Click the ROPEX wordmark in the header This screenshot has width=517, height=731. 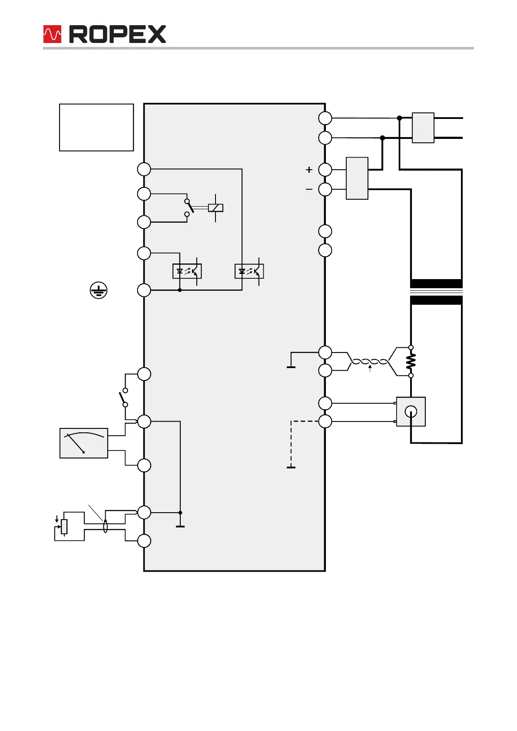(117, 34)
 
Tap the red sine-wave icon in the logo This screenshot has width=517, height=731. (52, 34)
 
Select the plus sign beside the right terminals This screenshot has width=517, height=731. (309, 170)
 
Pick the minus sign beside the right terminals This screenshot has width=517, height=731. (309, 189)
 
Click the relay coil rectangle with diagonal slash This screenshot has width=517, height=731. (215, 207)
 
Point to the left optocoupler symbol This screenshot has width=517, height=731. (187, 271)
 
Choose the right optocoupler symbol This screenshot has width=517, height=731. (249, 271)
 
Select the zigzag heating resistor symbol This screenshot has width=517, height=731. (411, 362)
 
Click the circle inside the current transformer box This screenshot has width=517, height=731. (411, 412)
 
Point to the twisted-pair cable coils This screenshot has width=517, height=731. (369, 362)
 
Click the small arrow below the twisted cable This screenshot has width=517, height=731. (370, 369)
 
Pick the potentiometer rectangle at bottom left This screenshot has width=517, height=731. (64, 527)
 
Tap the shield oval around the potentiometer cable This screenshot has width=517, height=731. (105, 527)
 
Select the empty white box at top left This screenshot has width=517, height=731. (96, 127)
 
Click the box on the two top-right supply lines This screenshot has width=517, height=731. (423, 128)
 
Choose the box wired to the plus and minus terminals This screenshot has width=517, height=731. (357, 178)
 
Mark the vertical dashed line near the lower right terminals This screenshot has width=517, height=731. (291, 444)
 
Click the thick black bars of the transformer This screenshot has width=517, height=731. (436, 292)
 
